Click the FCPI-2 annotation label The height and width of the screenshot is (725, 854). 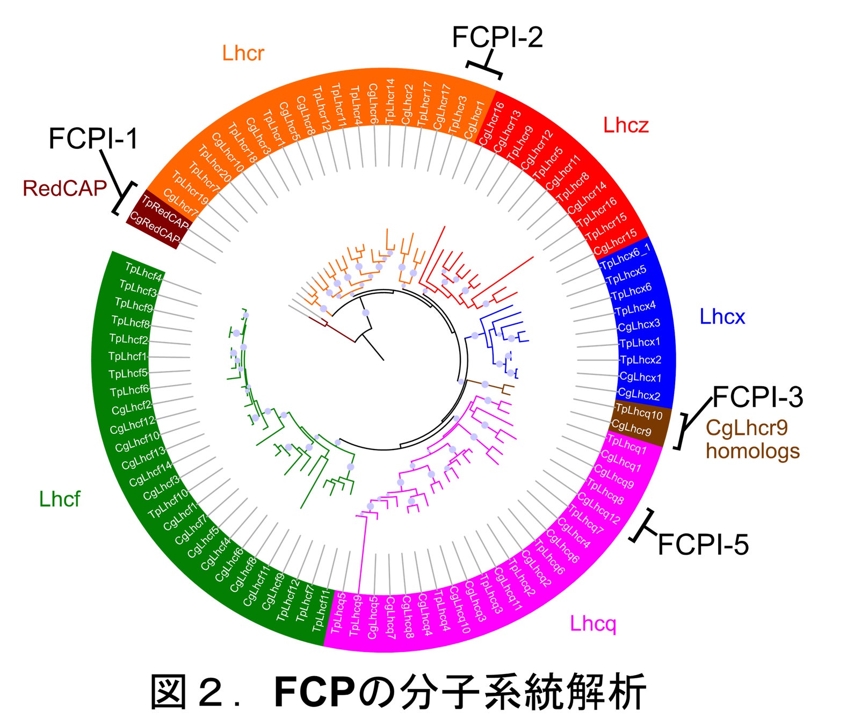click(x=497, y=38)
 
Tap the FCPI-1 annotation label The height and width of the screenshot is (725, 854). click(x=93, y=139)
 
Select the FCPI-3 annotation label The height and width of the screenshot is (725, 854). click(x=757, y=398)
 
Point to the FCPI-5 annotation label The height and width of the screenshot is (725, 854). click(x=703, y=545)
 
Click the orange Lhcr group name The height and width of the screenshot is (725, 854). click(x=243, y=54)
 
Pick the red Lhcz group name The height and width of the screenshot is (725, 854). click(x=626, y=126)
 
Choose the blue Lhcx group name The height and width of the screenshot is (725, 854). click(x=722, y=317)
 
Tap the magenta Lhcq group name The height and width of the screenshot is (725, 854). click(x=593, y=624)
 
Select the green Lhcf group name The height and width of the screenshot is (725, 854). click(x=60, y=499)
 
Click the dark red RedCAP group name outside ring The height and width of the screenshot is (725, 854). click(x=64, y=189)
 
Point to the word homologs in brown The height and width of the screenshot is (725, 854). click(x=752, y=451)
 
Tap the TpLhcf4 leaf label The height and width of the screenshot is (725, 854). click(x=143, y=272)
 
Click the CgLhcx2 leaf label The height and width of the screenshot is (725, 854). click(x=639, y=395)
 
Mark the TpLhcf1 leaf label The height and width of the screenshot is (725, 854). click(x=127, y=356)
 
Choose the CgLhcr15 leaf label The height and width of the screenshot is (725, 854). click(x=615, y=241)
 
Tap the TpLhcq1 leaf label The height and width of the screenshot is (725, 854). click(x=627, y=445)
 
